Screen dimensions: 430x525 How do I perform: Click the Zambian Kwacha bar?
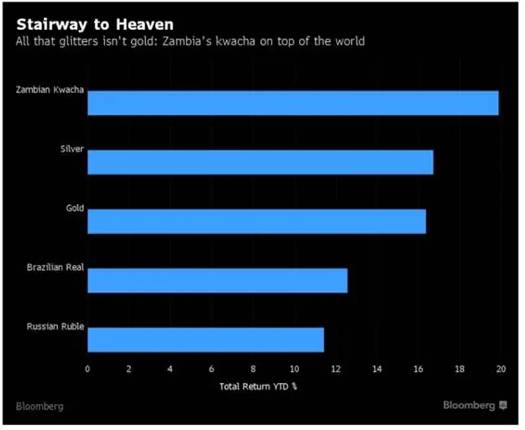pyautogui.click(x=293, y=104)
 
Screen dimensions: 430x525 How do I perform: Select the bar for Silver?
pyautogui.click(x=260, y=162)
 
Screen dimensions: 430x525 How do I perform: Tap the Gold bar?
pyautogui.click(x=257, y=222)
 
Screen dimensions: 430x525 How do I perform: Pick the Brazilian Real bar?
pyautogui.click(x=217, y=281)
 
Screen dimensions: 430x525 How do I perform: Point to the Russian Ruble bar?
pyautogui.click(x=205, y=340)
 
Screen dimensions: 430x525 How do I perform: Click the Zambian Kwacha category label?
pyautogui.click(x=50, y=90)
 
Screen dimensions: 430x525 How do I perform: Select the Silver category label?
pyautogui.click(x=72, y=149)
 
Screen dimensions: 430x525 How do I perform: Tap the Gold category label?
pyautogui.click(x=75, y=208)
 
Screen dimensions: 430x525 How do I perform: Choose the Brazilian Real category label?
pyautogui.click(x=55, y=267)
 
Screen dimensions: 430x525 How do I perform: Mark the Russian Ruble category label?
pyautogui.click(x=55, y=326)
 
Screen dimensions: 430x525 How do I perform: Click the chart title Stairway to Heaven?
pyautogui.click(x=95, y=25)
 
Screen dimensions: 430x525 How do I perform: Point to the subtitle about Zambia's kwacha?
pyautogui.click(x=190, y=42)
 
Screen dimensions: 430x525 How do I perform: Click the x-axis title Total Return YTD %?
pyautogui.click(x=258, y=386)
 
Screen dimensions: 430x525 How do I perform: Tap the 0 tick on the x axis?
pyautogui.click(x=88, y=368)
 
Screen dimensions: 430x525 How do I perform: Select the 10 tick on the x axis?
pyautogui.click(x=294, y=368)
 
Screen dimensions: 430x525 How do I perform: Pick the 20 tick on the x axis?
pyautogui.click(x=501, y=368)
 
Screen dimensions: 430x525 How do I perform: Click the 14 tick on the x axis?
pyautogui.click(x=377, y=368)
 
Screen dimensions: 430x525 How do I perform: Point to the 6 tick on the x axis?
pyautogui.click(x=211, y=368)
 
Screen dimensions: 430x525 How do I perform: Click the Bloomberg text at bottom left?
pyautogui.click(x=41, y=406)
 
